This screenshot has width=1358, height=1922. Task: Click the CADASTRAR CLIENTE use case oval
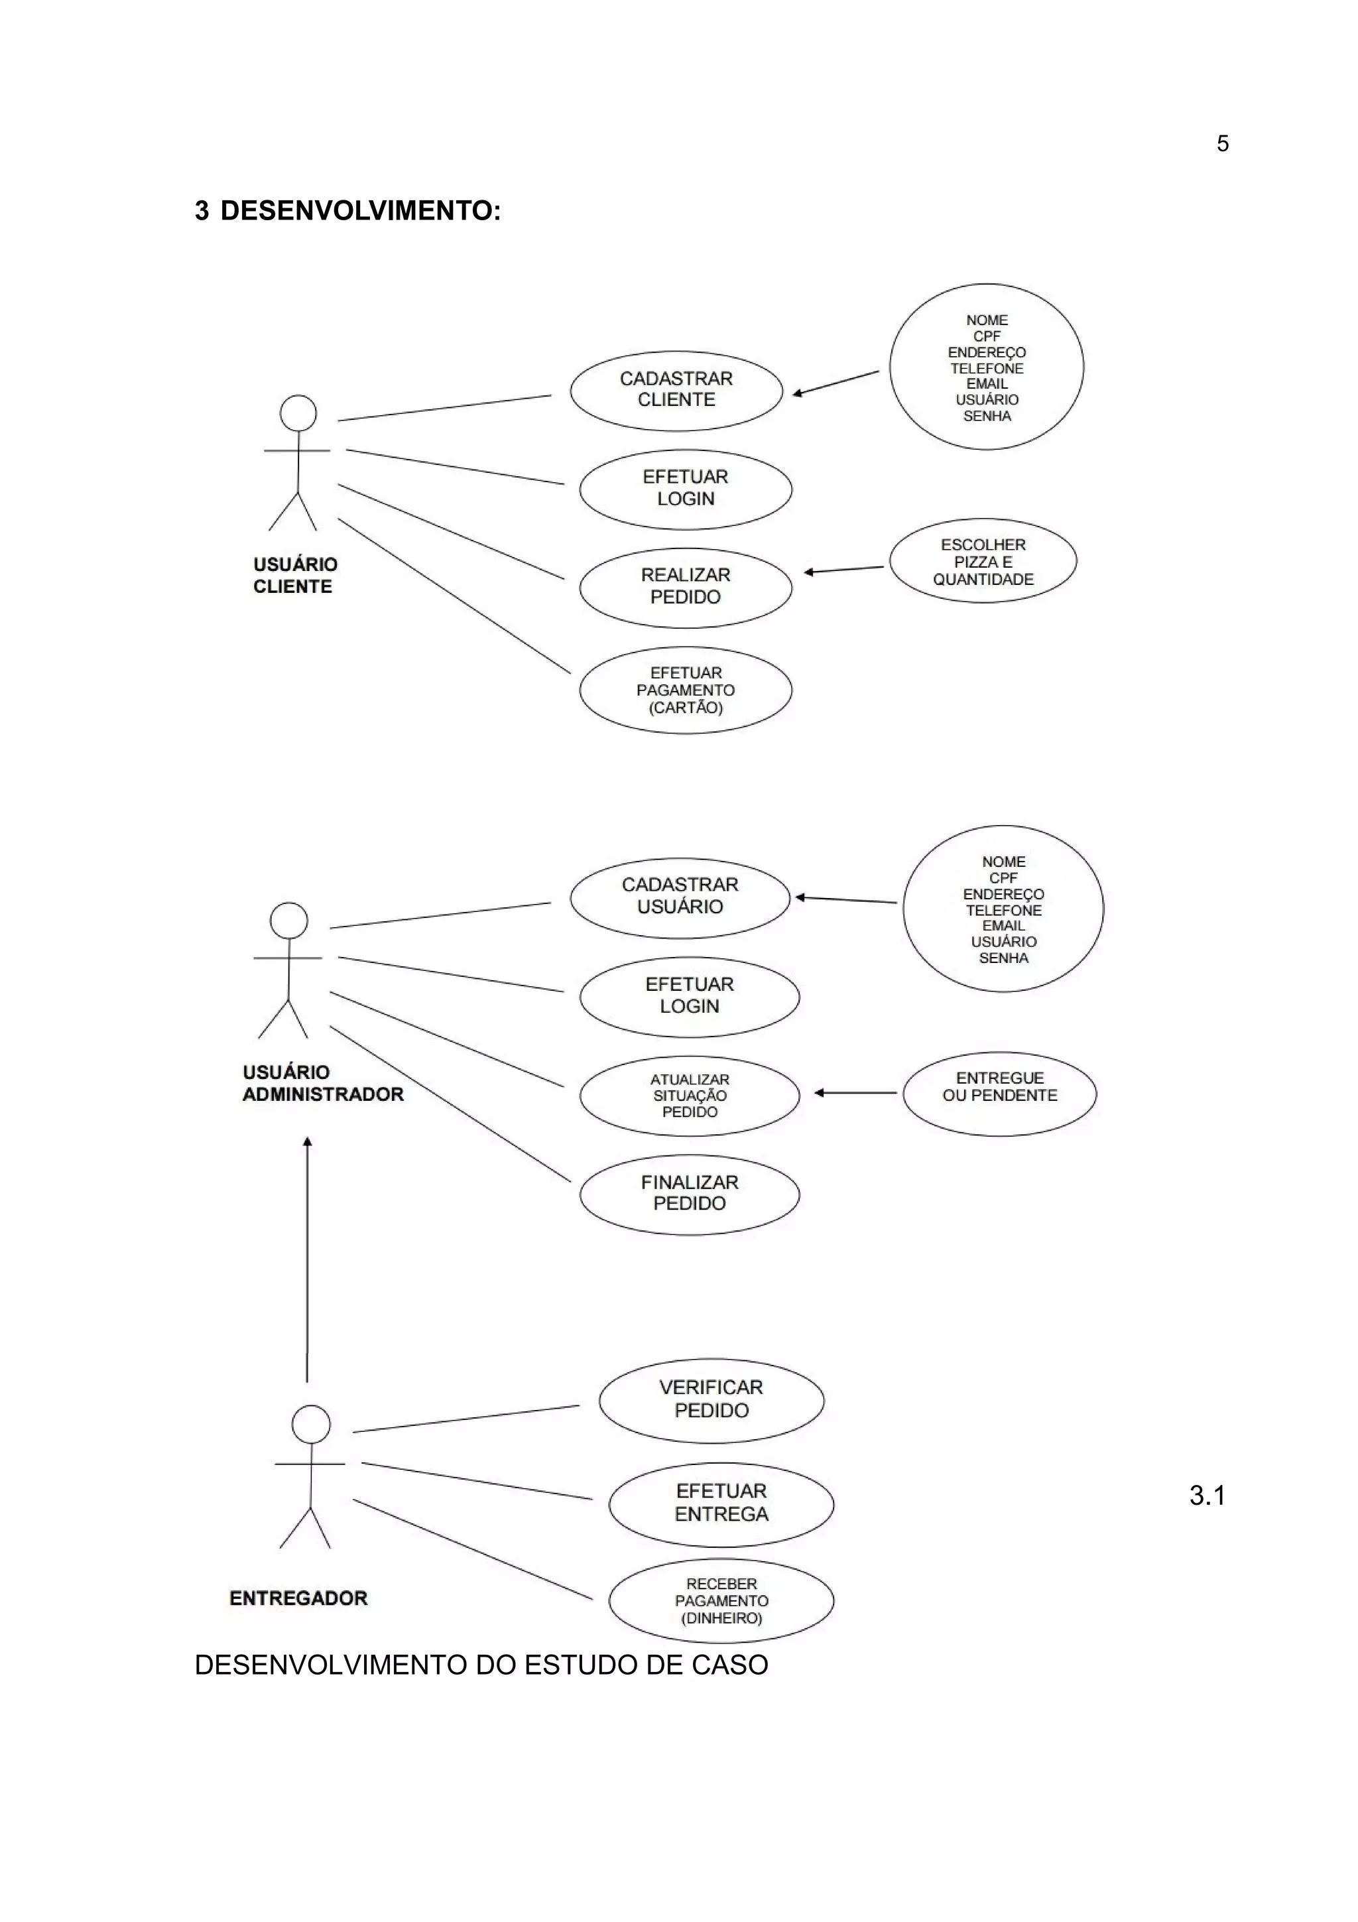pos(676,390)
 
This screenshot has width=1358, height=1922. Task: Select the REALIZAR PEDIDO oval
pos(685,587)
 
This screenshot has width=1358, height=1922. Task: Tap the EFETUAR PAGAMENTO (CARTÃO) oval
pos(685,690)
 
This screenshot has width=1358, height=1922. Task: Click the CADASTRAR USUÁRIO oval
pos(680,897)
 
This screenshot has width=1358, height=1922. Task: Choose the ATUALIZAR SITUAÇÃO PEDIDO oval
pos(690,1096)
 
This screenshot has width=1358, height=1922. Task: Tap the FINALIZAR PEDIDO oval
pos(690,1194)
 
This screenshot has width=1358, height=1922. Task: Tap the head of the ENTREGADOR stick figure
pos(310,1424)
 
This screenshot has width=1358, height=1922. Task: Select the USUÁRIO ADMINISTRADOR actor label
pos(322,1083)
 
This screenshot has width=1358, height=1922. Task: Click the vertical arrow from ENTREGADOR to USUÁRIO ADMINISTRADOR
pos(307,1255)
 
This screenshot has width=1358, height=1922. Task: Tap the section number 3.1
pos(1207,1495)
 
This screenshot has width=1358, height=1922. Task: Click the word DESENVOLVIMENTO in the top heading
pos(360,211)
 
